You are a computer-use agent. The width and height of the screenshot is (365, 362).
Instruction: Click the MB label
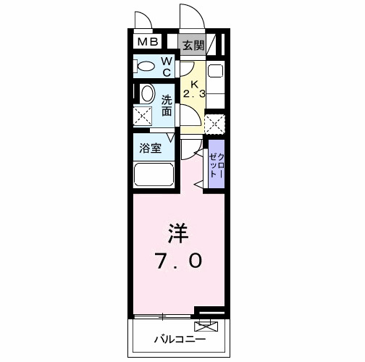(148, 43)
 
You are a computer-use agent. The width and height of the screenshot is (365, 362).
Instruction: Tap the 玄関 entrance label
(193, 45)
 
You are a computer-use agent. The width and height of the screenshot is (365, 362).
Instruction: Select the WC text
(166, 67)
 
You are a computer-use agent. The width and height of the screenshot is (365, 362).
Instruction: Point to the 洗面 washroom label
(167, 106)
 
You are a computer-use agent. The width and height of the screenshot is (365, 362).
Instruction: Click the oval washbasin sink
(146, 93)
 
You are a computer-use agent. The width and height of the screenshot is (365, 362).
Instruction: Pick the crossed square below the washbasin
(144, 116)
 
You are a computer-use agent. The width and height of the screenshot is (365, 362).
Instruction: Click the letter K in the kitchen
(193, 82)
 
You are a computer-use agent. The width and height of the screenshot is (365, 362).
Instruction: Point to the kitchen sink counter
(214, 83)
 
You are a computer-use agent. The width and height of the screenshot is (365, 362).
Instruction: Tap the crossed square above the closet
(214, 124)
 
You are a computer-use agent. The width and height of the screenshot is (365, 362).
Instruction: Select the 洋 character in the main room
(178, 235)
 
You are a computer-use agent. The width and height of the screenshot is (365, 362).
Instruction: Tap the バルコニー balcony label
(180, 339)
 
